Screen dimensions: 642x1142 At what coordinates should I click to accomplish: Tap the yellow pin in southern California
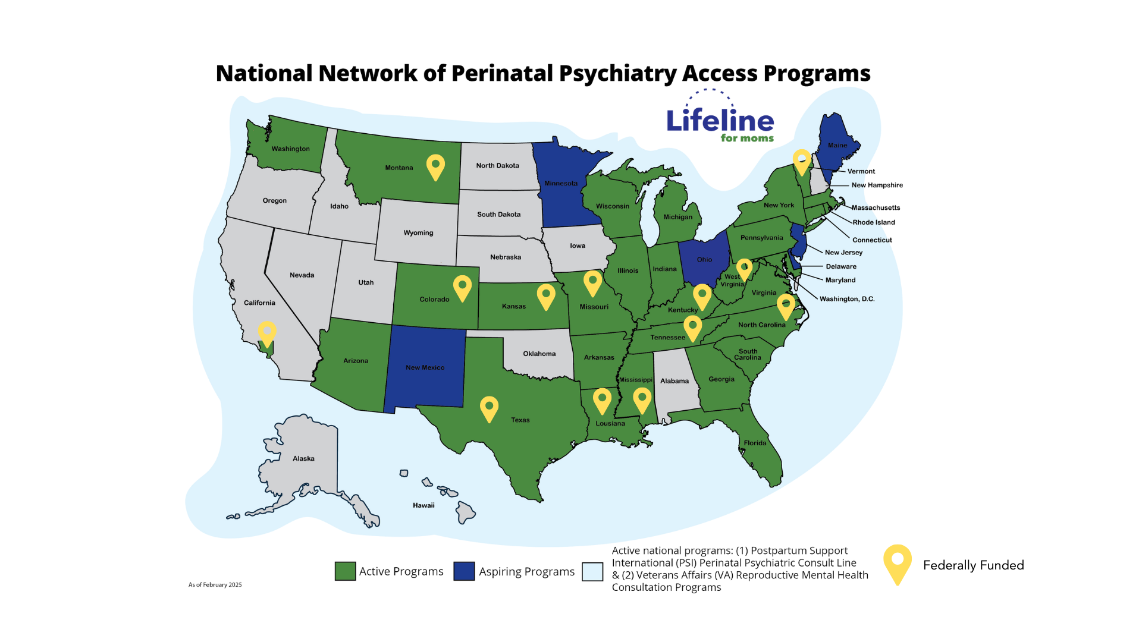[x=267, y=332]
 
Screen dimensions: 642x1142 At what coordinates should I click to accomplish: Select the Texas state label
[x=520, y=420]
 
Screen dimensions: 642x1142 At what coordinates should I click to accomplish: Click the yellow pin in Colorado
[x=462, y=287]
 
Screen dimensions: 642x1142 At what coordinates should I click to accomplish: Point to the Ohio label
[x=704, y=260]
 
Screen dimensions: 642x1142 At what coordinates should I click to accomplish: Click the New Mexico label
[x=425, y=367]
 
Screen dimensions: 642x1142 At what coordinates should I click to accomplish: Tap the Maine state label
[x=837, y=145]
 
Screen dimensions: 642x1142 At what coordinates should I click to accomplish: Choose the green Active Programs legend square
[x=345, y=571]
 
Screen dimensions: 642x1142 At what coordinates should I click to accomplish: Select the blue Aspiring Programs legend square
[x=464, y=571]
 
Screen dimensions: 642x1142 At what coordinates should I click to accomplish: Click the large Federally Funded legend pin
[x=898, y=562]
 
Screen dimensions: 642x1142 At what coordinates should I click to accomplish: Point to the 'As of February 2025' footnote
[x=215, y=585]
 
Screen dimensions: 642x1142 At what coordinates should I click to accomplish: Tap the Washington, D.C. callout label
[x=847, y=299]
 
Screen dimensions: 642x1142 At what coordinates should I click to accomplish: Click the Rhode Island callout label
[x=873, y=222]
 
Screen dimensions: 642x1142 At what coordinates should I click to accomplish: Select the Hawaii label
[x=423, y=505]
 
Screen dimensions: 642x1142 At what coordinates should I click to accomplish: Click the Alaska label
[x=303, y=458]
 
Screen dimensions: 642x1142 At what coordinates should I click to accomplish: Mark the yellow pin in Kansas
[x=545, y=295]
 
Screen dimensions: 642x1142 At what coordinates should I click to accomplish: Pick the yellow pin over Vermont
[x=802, y=161]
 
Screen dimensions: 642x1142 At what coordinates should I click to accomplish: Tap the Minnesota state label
[x=561, y=183]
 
